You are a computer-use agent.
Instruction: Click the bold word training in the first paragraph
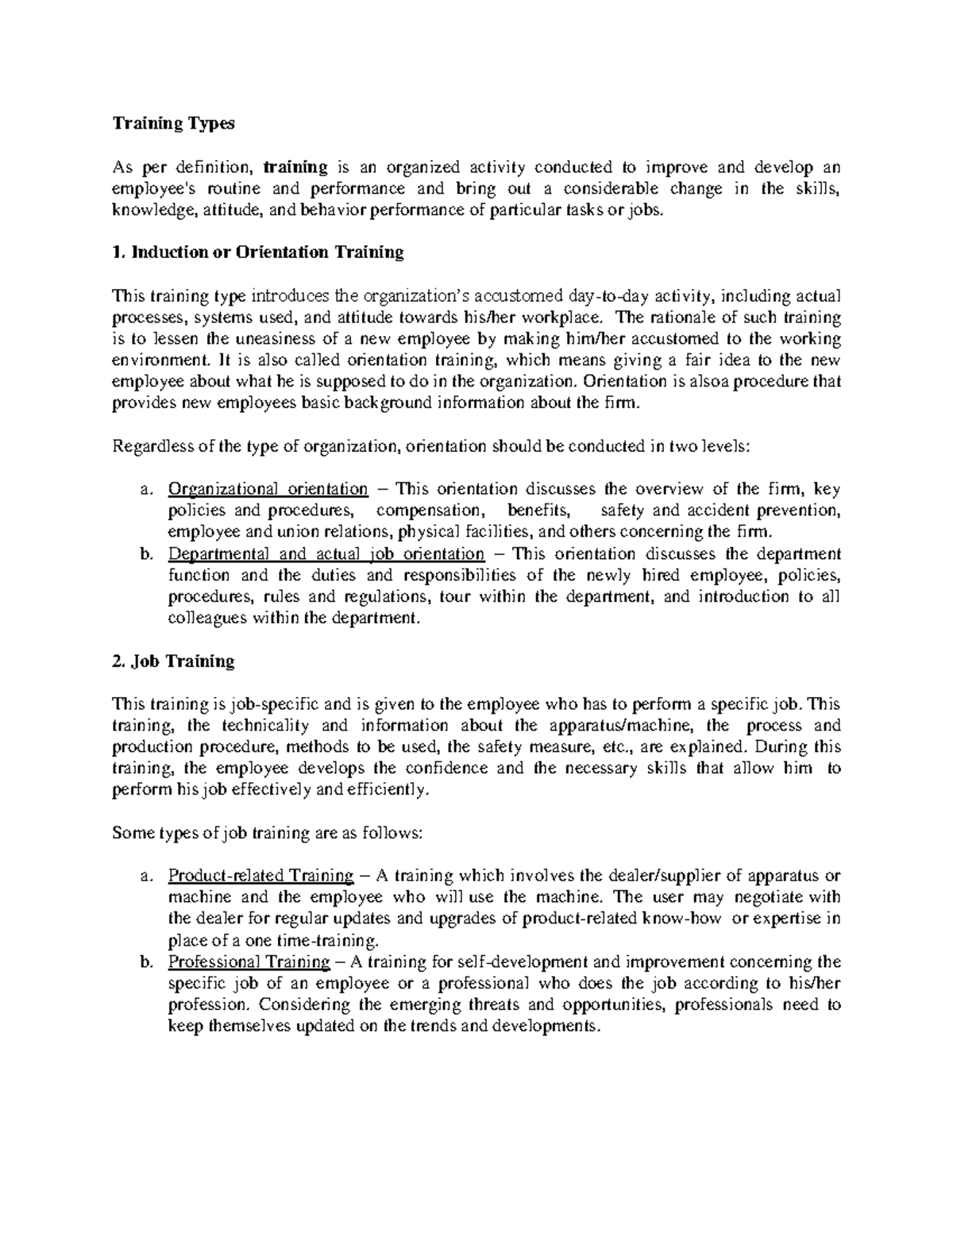(x=295, y=168)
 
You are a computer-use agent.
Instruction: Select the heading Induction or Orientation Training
(x=258, y=253)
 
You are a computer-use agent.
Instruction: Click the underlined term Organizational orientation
(x=268, y=489)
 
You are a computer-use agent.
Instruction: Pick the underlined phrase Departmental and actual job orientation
(x=326, y=554)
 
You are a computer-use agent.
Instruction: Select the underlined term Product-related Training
(x=260, y=877)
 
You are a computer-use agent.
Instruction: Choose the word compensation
(x=429, y=511)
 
